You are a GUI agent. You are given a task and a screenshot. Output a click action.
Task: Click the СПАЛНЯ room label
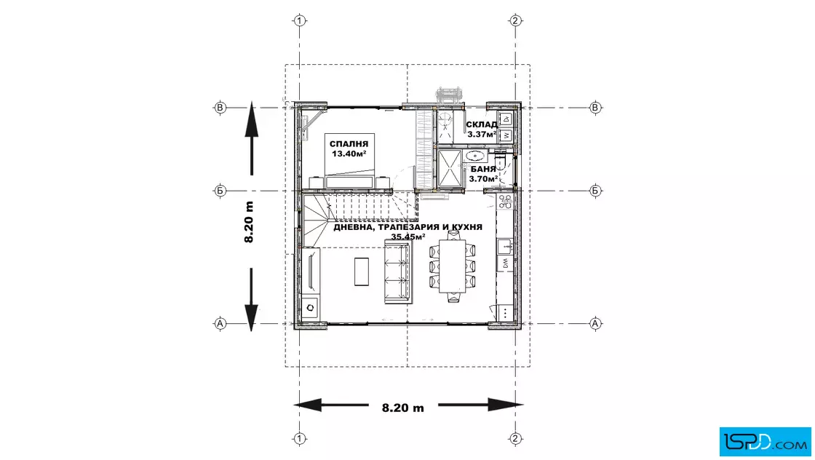coord(349,144)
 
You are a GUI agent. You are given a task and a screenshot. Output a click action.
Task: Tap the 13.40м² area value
coord(349,154)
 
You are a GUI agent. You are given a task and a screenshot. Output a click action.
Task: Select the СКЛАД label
coord(481,124)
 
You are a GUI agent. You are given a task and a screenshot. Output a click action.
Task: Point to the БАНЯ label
coord(483,170)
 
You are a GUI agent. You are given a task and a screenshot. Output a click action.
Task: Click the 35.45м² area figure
coord(408,237)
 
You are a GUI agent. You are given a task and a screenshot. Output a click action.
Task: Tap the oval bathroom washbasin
coord(475,156)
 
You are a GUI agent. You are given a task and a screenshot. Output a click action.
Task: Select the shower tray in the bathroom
coord(450,168)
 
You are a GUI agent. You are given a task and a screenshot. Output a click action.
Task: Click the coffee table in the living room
coord(362,271)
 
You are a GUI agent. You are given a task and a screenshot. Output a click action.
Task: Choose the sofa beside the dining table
coord(397,271)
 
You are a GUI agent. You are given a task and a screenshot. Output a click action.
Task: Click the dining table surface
coord(452,266)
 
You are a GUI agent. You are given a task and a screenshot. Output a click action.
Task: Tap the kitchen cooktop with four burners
coord(505,201)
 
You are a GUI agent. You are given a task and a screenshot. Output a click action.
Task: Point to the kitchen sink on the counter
coord(504,246)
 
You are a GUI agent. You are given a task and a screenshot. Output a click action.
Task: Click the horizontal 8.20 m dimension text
coord(403,408)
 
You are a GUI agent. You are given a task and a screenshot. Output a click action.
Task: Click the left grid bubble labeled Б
coord(220,191)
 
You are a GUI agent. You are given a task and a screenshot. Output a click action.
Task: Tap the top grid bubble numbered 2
coord(515,21)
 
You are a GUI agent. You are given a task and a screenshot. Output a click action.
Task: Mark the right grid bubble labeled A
coord(595,323)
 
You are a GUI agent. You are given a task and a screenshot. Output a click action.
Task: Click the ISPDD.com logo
coord(765,442)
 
